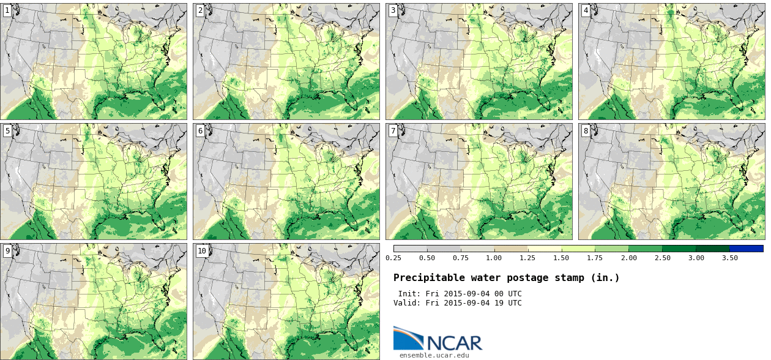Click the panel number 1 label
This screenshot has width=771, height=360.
pos(7,11)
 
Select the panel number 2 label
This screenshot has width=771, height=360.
pos(200,11)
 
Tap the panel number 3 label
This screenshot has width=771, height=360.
pos(393,11)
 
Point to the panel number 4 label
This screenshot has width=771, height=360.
pos(586,11)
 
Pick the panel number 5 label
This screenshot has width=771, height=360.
pos(7,131)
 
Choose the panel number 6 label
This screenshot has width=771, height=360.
pos(200,131)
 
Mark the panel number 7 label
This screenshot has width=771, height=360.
pos(393,131)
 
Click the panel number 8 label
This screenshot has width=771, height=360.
pos(586,131)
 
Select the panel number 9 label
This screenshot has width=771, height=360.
pos(7,251)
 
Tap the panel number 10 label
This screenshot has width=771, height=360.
pos(202,251)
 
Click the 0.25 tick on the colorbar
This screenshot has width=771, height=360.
pos(393,258)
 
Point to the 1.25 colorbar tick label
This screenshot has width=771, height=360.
pos(527,258)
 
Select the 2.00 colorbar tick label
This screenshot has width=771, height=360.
pos(628,258)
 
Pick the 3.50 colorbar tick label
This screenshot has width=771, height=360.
pos(729,258)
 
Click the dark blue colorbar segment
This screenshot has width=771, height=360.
pos(746,249)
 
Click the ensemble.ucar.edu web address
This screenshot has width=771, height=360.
pos(434,354)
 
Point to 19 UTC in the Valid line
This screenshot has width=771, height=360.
pos(507,303)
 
